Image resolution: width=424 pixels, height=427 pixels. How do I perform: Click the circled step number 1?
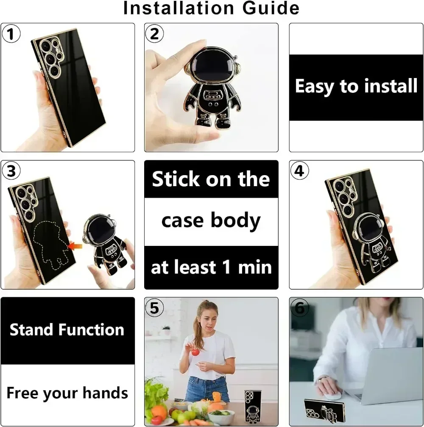[11, 34]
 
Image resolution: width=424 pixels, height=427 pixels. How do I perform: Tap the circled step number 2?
[155, 34]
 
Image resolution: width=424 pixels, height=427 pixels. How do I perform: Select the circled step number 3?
[11, 171]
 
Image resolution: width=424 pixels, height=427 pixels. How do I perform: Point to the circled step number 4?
[300, 171]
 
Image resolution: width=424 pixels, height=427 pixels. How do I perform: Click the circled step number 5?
[155, 308]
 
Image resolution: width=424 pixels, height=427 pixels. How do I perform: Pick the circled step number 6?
[300, 308]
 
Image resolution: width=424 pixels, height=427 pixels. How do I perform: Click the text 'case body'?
[211, 221]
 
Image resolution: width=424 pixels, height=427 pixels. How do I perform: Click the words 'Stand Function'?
[67, 330]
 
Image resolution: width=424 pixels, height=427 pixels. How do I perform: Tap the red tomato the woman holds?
[195, 352]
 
